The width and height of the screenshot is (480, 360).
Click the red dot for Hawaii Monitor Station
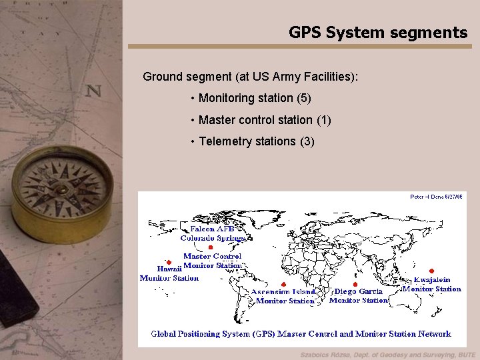pos(169,263)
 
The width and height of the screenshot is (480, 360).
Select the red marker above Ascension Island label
pos(284,284)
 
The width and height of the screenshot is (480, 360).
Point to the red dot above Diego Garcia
pos(355,285)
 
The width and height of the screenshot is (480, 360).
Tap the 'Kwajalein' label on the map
pos(432,280)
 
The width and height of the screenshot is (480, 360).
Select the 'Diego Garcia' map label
pos(359,291)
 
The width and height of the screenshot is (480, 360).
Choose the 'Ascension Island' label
pos(284,292)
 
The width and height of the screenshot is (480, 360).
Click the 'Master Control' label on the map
pos(212,256)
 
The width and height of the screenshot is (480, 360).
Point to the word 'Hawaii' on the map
pos(169,269)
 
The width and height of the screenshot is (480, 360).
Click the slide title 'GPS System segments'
pos(378,32)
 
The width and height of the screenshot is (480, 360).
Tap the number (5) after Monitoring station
pos(303,98)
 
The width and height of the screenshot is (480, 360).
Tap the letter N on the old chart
pos(93,91)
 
